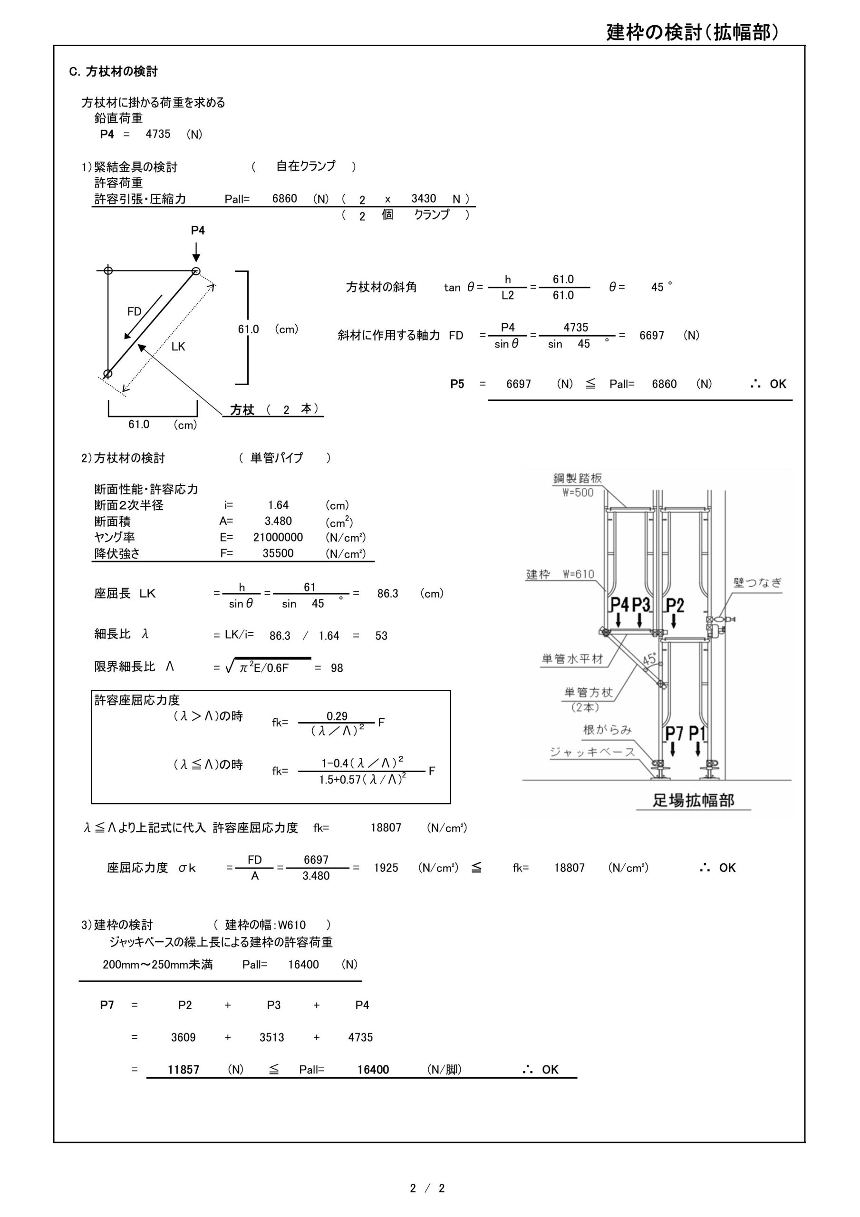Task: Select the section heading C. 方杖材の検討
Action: tap(113, 72)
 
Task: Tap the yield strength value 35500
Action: tap(278, 553)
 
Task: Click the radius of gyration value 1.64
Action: tap(278, 505)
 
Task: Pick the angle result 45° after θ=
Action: tap(661, 287)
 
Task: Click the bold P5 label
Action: tap(457, 384)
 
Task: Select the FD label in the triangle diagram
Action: tap(134, 312)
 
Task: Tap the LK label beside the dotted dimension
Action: tap(178, 347)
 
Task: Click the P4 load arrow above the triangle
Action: tap(196, 251)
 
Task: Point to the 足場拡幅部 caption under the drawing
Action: tap(693, 800)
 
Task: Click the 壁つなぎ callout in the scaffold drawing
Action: tap(757, 582)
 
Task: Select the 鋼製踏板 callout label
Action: tap(578, 478)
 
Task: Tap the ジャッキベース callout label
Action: tap(592, 752)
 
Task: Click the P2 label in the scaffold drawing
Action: tap(675, 605)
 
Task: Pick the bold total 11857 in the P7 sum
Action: tap(184, 1070)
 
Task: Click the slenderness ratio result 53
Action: tap(381, 636)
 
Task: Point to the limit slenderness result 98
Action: tap(337, 668)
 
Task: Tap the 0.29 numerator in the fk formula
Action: tap(337, 716)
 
